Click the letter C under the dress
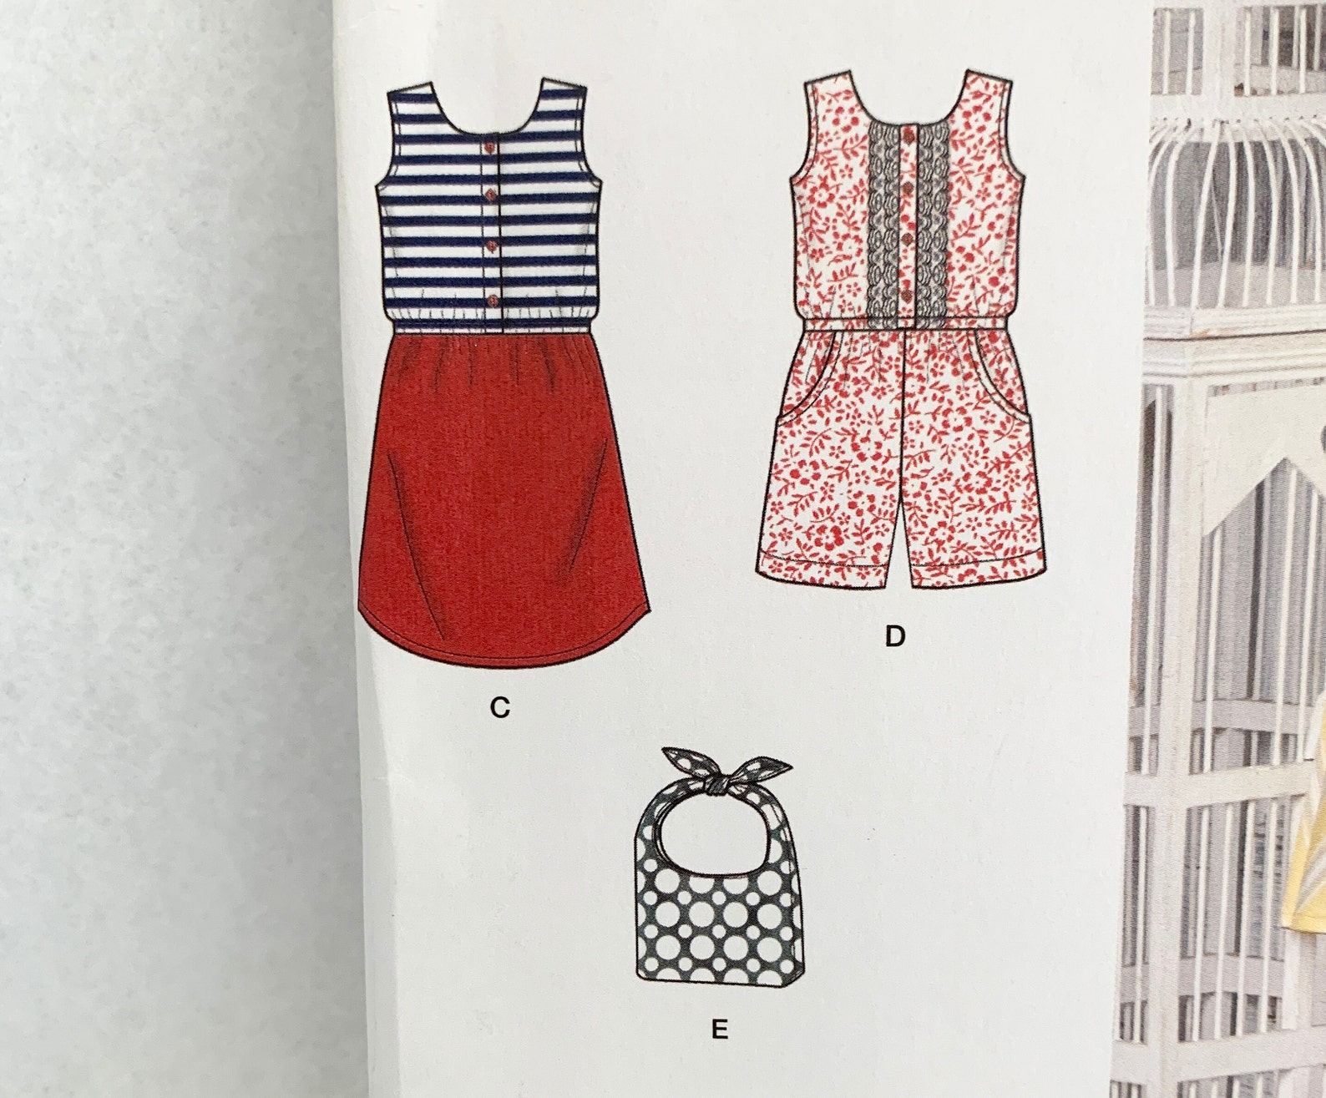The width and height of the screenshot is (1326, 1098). click(499, 708)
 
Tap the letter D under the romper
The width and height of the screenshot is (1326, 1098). click(894, 637)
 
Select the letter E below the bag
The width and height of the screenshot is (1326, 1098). click(719, 1030)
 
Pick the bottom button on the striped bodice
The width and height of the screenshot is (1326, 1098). click(490, 299)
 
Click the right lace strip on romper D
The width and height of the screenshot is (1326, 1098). click(928, 225)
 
